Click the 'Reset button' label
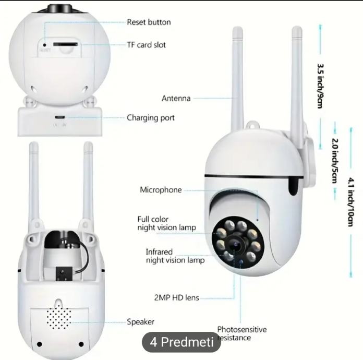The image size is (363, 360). (149, 22)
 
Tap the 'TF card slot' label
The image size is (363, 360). (147, 45)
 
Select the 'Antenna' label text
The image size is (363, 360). (176, 98)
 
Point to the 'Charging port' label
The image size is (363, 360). (151, 118)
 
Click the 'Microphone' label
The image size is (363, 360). (161, 190)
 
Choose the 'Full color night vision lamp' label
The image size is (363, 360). (166, 223)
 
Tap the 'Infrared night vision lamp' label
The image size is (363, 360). (175, 256)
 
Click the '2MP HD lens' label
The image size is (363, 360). (177, 297)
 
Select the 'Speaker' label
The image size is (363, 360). (140, 322)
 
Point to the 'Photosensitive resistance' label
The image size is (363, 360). (242, 333)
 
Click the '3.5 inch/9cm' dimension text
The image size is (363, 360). (320, 86)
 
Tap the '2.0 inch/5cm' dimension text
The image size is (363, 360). (335, 161)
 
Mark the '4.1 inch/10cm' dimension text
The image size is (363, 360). (351, 202)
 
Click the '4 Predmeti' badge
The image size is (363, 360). (181, 342)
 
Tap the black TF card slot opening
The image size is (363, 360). (65, 44)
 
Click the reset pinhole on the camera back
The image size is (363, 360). (45, 45)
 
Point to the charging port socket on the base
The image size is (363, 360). (60, 117)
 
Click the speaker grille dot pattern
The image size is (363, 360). (59, 317)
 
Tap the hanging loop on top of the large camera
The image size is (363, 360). (253, 125)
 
